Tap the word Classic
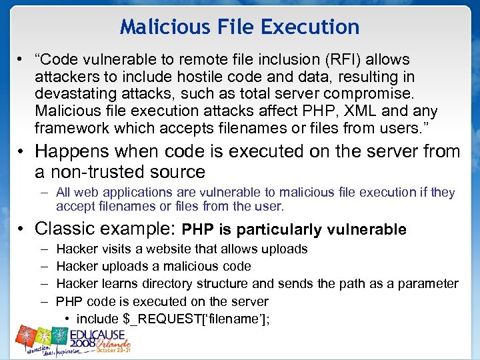click(66, 229)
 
